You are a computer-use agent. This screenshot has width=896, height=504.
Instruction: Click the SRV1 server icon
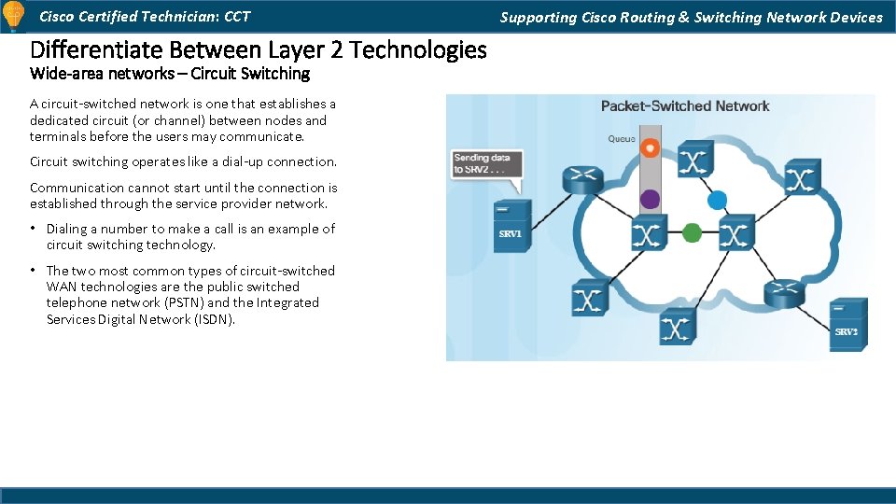click(511, 225)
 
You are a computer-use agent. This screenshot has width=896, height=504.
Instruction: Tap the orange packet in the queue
click(651, 147)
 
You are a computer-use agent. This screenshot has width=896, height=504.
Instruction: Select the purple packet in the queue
click(651, 198)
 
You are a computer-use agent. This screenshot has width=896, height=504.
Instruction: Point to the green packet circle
click(692, 231)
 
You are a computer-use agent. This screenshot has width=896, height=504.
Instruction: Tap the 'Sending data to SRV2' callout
click(485, 164)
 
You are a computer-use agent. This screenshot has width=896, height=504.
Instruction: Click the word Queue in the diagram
click(622, 139)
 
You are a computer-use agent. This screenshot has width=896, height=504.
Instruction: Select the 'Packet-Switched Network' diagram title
click(685, 106)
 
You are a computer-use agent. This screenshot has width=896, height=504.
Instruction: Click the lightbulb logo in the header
click(14, 16)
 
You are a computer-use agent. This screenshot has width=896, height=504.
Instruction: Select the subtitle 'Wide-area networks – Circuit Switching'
click(170, 74)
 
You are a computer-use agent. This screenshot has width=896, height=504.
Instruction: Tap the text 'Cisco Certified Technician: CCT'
click(145, 17)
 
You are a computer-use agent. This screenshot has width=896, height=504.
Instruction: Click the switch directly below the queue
click(650, 233)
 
